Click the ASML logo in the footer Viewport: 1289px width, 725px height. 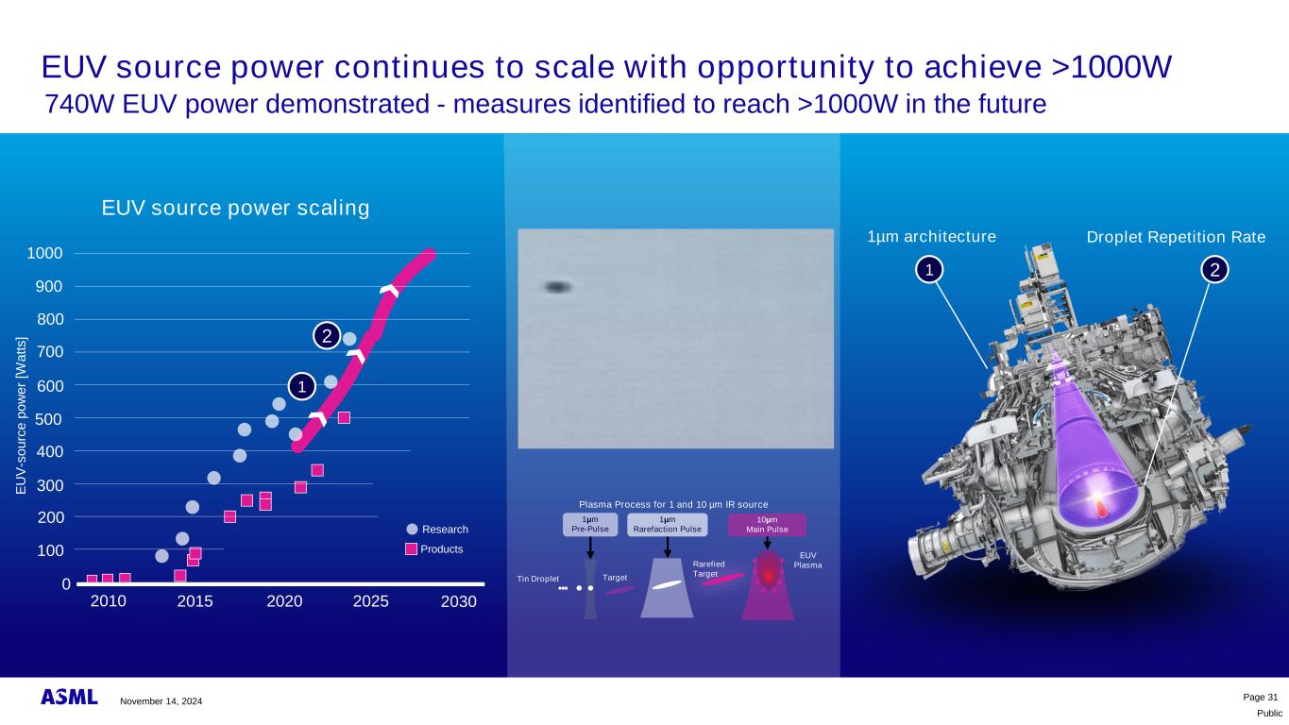pos(69,697)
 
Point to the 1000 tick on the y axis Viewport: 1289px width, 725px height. pos(45,253)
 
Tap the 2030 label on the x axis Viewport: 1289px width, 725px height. pos(459,601)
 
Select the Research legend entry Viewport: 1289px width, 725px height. pos(437,530)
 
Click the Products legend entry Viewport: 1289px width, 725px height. pos(434,548)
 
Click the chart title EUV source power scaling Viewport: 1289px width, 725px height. pos(235,208)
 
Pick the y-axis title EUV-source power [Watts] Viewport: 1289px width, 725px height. pos(21,415)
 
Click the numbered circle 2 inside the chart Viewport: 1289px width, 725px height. pos(327,336)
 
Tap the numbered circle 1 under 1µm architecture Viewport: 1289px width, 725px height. pos(929,269)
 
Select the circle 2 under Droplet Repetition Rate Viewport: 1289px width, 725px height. pos(1214,270)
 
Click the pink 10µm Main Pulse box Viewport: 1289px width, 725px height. pos(767,525)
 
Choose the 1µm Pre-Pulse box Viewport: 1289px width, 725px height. pos(590,525)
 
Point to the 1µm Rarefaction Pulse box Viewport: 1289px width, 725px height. pos(668,525)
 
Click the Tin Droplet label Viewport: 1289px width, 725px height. pos(537,579)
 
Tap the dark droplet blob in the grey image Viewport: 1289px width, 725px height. pos(557,287)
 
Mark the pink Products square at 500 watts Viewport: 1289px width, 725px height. pos(344,418)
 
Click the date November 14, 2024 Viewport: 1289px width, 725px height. pos(161,701)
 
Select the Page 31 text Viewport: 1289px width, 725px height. pos(1261,698)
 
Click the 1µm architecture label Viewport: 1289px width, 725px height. pos(932,237)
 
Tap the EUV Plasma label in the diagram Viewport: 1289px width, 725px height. pos(808,561)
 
